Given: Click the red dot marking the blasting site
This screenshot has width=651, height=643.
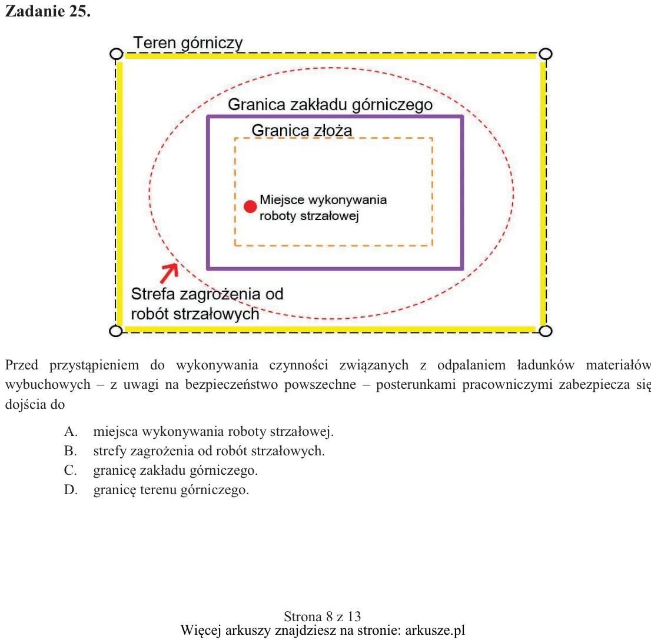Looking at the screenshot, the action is (250, 206).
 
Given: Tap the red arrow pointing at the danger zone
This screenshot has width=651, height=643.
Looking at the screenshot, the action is (170, 273).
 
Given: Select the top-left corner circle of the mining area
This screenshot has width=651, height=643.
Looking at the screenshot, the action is (117, 54).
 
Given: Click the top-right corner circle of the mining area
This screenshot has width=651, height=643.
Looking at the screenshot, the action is (545, 54).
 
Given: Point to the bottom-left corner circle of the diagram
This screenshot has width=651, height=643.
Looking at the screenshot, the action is (116, 331).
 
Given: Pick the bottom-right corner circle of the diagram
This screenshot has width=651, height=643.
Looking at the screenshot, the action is (545, 331).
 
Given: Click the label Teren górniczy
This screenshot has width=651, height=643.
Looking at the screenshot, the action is (188, 43).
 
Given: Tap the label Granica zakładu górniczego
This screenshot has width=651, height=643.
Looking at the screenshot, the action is (330, 105).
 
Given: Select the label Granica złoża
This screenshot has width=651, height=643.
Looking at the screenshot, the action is (302, 130).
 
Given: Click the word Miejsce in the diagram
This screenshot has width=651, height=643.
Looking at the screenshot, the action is (282, 200).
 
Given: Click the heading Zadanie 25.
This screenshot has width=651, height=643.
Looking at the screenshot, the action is (48, 11).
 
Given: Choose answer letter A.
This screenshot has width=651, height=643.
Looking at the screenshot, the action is (71, 431).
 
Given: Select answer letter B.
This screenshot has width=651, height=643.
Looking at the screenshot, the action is (71, 451).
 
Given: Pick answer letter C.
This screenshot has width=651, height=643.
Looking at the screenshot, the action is (71, 471).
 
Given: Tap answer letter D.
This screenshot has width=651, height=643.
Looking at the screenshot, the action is (71, 490).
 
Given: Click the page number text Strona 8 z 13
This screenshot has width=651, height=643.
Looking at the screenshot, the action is (322, 617).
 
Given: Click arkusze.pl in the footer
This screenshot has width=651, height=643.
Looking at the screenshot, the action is (435, 631).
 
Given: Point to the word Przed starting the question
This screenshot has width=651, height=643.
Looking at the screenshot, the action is (22, 365).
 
